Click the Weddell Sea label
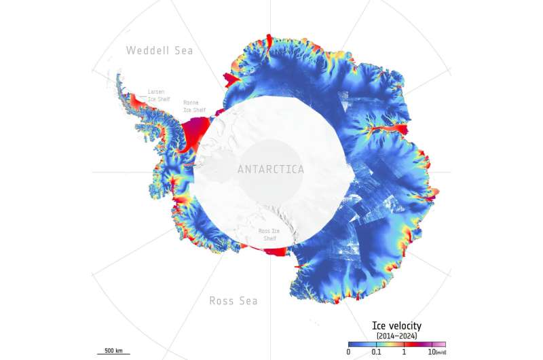[160, 50]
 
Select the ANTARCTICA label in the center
[271, 169]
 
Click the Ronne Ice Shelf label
[195, 107]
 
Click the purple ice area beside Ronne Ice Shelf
[198, 127]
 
